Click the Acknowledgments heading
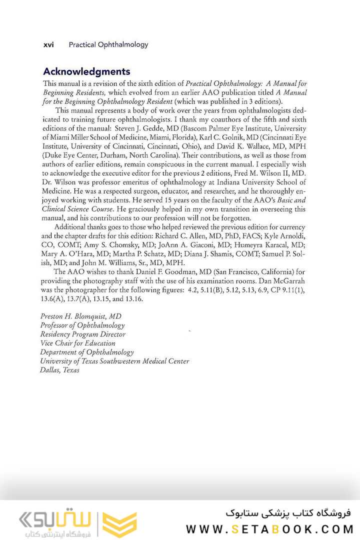[x=86, y=71]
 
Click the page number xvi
[x=48, y=44]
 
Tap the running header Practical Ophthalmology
[x=108, y=44]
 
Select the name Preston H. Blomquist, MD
[x=80, y=316]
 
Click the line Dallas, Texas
[x=59, y=370]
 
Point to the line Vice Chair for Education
[x=77, y=343]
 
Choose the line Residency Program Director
[x=82, y=334]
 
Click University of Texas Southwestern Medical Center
[x=114, y=361]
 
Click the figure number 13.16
[x=133, y=299]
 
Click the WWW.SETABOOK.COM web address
[x=269, y=529]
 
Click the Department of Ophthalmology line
[x=87, y=352]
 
